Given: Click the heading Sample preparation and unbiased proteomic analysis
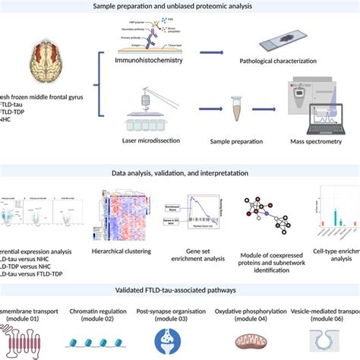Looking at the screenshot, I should click(x=180, y=6).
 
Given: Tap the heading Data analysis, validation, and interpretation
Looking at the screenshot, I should click(x=180, y=173).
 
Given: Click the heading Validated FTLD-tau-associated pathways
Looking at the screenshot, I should click(x=180, y=289).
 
